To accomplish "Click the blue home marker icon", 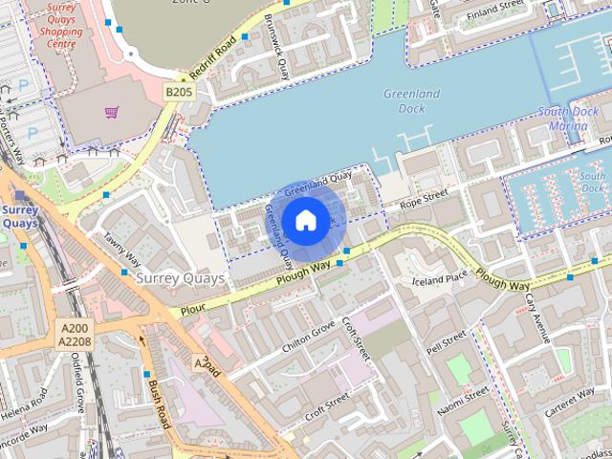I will (x=305, y=221).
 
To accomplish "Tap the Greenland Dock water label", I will (x=411, y=100).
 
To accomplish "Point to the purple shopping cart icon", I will (x=112, y=113).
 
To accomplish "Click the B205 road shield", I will (x=178, y=92).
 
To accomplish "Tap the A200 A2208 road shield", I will (x=74, y=334).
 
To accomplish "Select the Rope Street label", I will (x=424, y=198).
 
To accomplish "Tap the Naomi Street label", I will (x=463, y=400).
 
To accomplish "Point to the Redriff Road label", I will (x=212, y=57).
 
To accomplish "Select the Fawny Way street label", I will (x=121, y=251).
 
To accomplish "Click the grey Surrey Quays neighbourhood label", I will (x=181, y=278).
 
